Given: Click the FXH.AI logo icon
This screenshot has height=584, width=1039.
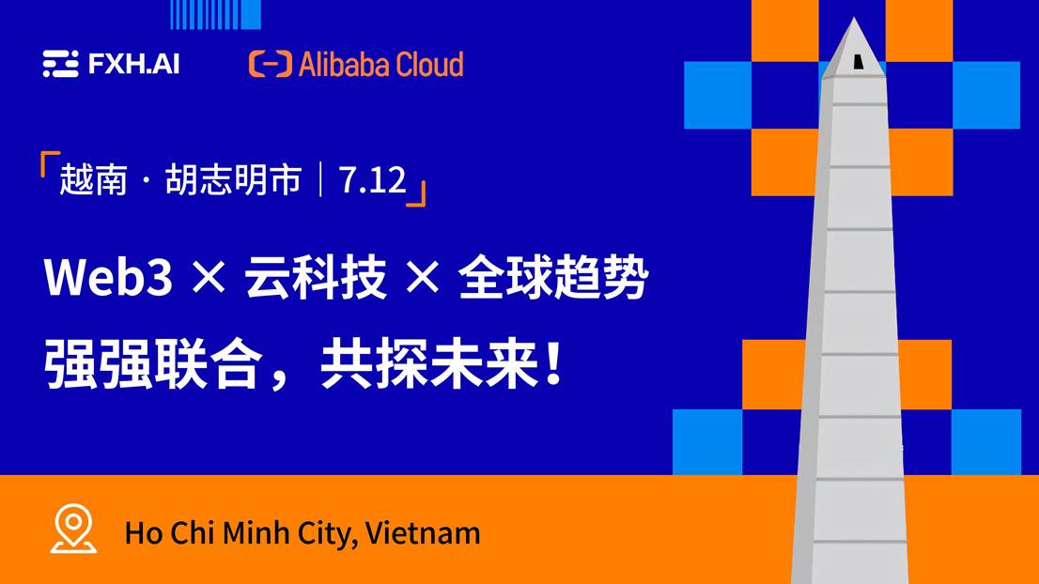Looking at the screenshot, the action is (x=61, y=64).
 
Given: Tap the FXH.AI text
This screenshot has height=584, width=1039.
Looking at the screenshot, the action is (x=133, y=64).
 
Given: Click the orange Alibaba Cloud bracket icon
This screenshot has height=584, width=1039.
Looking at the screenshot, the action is (x=271, y=64).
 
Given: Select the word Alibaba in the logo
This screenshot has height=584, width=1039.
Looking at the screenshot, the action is (x=337, y=64).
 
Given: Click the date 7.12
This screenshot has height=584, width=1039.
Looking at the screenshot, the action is (x=372, y=180).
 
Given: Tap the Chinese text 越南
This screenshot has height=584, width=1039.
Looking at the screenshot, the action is (x=93, y=180).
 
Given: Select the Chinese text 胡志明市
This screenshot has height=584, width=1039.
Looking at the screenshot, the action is (x=233, y=180).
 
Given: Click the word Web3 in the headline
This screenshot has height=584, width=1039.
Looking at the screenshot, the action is (x=109, y=277).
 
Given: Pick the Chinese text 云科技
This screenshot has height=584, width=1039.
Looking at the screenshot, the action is (x=316, y=277).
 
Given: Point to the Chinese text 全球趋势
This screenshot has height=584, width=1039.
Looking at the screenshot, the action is (x=553, y=277).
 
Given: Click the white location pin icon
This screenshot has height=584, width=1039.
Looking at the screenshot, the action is (x=73, y=529).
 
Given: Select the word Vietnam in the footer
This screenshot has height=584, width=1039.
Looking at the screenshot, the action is (x=423, y=533).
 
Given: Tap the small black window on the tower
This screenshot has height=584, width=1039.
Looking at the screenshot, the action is (x=858, y=62).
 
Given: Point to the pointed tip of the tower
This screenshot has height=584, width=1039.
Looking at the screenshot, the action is (x=854, y=19).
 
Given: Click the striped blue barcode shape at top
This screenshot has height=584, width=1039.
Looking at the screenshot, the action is (x=215, y=15).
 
